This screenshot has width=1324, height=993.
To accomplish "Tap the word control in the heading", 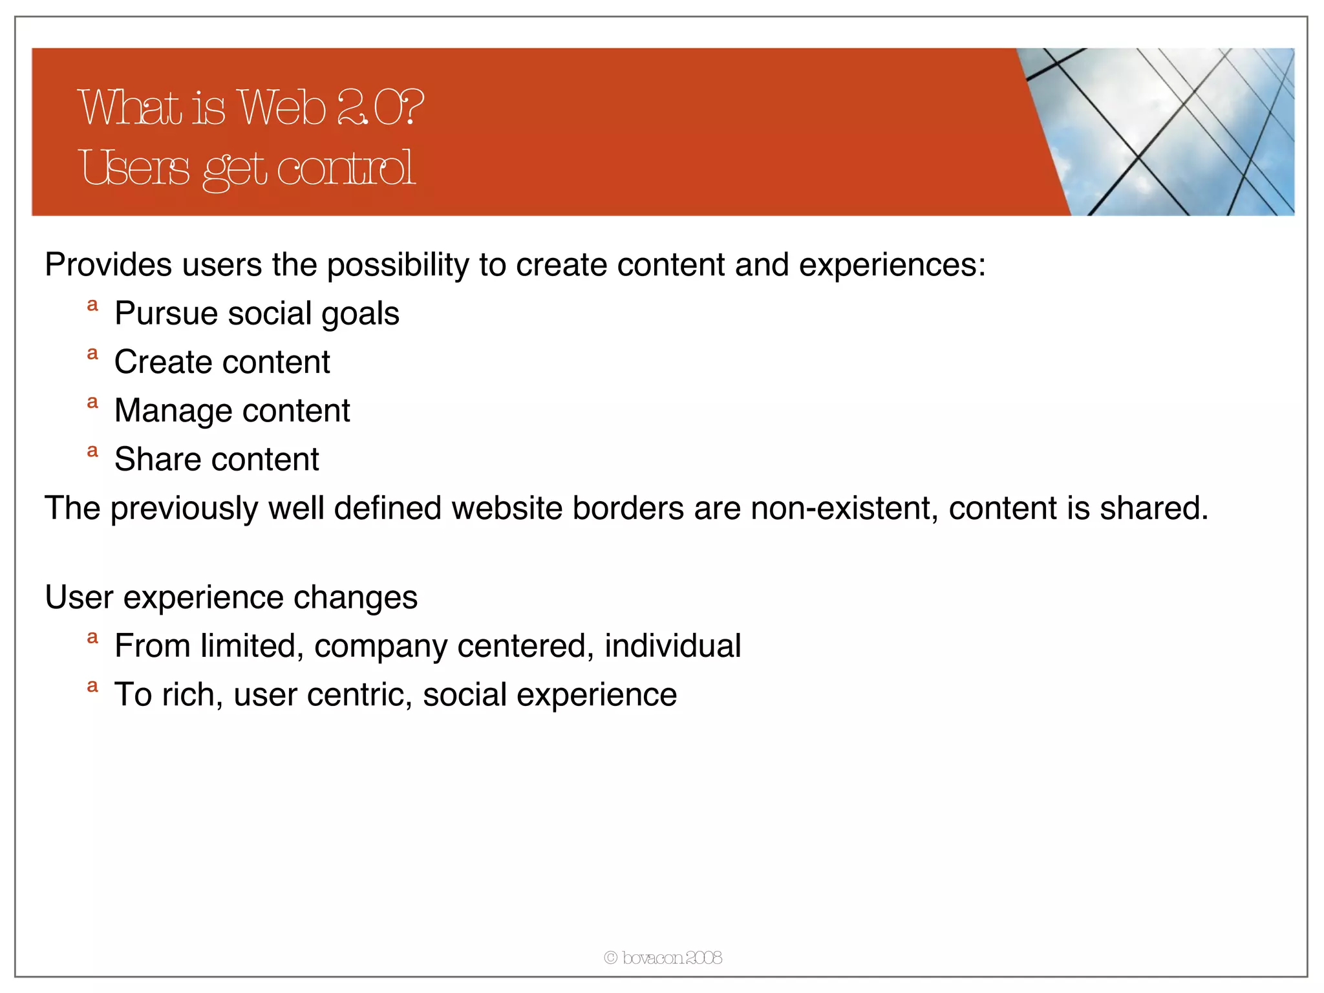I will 346,168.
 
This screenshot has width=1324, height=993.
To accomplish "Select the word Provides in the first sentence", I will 108,264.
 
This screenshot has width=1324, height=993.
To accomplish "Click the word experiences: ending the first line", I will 892,264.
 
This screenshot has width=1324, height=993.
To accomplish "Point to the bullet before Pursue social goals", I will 92,304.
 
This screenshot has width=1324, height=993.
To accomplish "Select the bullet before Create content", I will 92,353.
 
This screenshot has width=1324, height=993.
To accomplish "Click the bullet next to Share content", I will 92,451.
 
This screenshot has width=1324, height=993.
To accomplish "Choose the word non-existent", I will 844,508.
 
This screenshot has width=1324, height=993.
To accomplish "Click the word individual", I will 672,646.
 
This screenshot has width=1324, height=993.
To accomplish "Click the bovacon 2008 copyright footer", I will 663,957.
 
